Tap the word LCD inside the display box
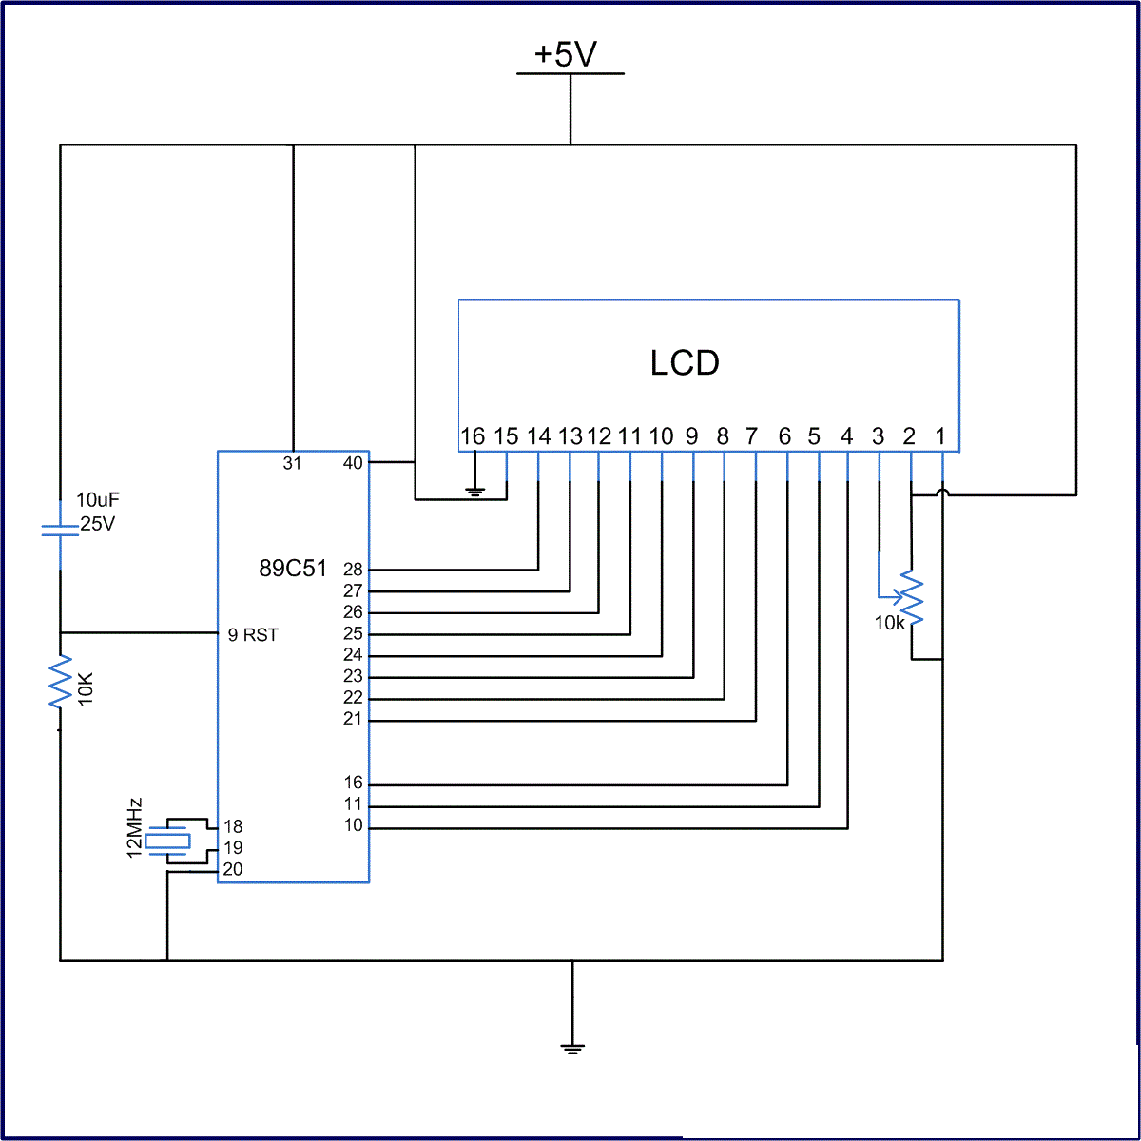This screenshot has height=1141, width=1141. [x=685, y=362]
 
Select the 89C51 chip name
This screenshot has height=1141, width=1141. [x=293, y=569]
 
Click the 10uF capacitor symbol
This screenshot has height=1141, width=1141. [x=60, y=530]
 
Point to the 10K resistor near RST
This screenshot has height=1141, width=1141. [x=61, y=681]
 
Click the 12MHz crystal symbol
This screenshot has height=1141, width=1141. [x=168, y=841]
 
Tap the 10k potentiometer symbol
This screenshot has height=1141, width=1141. [x=910, y=598]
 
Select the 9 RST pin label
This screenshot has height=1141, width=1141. [x=253, y=635]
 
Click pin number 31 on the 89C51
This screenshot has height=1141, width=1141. [x=292, y=464]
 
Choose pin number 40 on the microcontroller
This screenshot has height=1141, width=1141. [x=353, y=463]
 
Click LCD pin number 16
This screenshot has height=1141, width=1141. [x=473, y=436]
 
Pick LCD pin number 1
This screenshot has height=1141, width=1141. [x=940, y=436]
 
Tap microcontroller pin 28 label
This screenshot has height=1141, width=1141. [x=353, y=570]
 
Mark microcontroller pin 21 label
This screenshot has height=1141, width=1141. [x=353, y=719]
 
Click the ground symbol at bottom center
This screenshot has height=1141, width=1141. [x=571, y=1048]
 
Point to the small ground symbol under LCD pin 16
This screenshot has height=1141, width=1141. [x=474, y=492]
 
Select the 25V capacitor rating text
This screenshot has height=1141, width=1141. [x=98, y=524]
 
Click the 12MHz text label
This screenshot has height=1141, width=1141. [x=135, y=826]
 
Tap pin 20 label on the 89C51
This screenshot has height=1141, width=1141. [x=233, y=869]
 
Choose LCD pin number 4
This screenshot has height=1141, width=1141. [x=847, y=436]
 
